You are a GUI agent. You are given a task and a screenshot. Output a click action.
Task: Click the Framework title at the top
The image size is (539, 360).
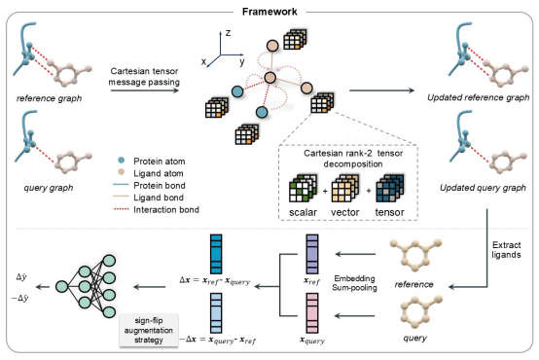click(269, 12)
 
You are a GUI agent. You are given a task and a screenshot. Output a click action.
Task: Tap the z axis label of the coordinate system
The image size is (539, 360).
click(228, 33)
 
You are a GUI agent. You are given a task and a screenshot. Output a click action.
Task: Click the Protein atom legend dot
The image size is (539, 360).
click(121, 161)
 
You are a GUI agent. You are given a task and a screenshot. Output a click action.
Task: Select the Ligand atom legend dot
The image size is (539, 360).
click(121, 172)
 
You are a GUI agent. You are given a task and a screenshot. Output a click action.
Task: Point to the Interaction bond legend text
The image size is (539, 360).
click(166, 209)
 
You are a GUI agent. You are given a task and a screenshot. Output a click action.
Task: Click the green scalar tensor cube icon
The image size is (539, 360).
click(303, 188)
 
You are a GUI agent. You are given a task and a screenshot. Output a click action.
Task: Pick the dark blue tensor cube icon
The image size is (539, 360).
click(390, 188)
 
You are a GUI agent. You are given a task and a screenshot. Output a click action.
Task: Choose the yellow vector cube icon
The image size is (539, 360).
click(345, 188)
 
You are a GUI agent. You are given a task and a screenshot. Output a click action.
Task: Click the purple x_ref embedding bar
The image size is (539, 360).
click(312, 255)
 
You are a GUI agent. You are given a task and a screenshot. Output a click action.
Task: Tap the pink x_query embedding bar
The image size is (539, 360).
click(312, 313)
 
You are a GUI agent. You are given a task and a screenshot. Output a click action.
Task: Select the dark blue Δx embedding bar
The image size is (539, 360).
click(216, 255)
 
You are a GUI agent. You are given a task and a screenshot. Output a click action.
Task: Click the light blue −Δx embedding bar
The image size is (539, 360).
click(216, 313)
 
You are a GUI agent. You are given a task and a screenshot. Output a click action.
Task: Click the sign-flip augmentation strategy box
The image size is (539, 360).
click(149, 330)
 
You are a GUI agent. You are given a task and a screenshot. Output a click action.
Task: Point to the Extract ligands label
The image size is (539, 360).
click(506, 250)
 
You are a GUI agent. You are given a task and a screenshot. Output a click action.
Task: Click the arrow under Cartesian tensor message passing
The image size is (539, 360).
click(145, 90)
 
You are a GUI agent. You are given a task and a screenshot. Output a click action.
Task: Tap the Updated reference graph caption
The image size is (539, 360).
click(478, 97)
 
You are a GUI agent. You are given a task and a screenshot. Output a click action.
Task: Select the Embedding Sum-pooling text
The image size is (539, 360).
click(354, 283)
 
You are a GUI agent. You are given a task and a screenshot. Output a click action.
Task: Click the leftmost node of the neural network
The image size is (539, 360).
click(62, 286)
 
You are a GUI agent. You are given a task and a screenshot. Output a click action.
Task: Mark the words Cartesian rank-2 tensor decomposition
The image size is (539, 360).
click(353, 159)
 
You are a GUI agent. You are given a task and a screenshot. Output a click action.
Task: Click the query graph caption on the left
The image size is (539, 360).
click(49, 188)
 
